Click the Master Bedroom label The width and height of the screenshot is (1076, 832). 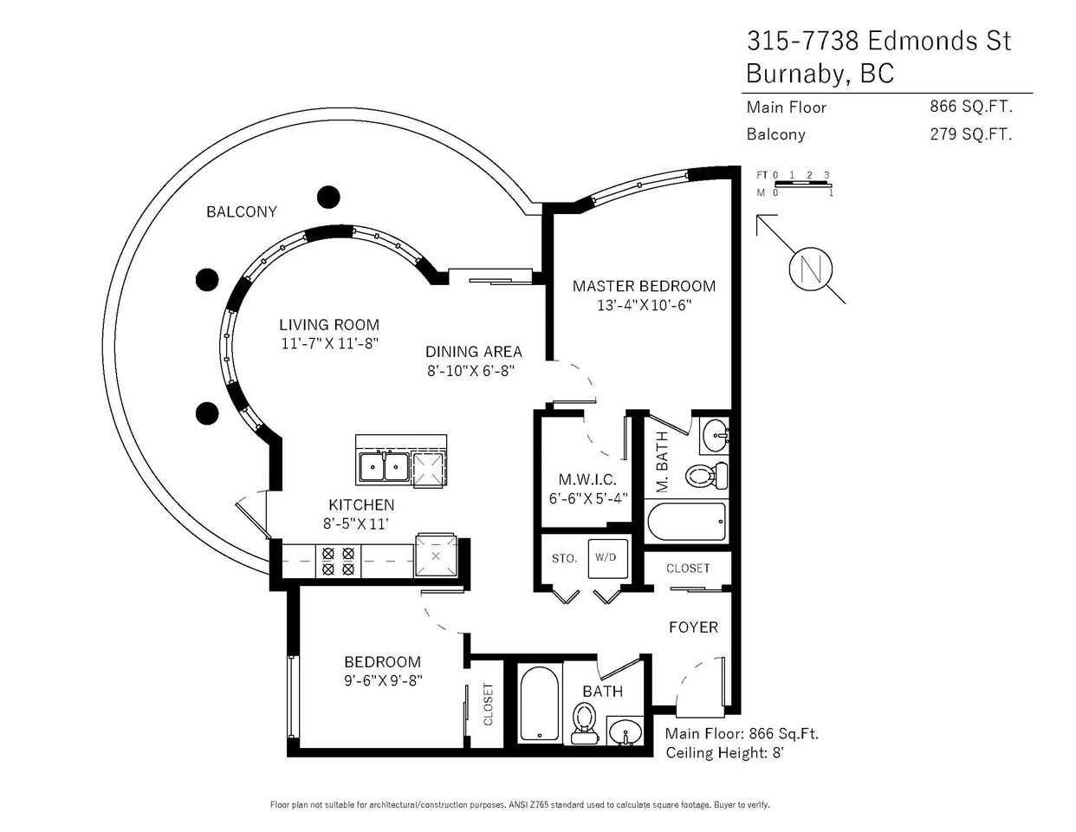644,286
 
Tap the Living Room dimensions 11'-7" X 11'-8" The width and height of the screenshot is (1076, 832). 330,343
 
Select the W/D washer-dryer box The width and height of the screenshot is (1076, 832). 608,558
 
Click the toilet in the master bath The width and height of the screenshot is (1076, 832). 707,476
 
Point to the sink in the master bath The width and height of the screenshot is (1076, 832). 715,436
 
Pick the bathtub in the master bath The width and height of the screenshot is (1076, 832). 687,522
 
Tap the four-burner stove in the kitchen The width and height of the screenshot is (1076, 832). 338,561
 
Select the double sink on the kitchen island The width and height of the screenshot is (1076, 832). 384,465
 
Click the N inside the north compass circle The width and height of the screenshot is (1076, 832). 811,270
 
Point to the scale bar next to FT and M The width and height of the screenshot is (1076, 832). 803,185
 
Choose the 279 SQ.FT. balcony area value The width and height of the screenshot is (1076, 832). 970,133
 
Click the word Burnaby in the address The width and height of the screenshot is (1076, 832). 799,74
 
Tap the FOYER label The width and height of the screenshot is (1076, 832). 693,627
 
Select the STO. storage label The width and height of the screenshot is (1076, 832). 565,559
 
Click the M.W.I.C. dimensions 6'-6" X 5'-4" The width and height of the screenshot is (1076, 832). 588,497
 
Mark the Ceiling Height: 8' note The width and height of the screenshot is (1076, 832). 725,753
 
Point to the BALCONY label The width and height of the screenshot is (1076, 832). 242,212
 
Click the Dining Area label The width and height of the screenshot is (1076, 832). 473,352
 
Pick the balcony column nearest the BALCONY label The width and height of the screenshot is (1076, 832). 328,197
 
